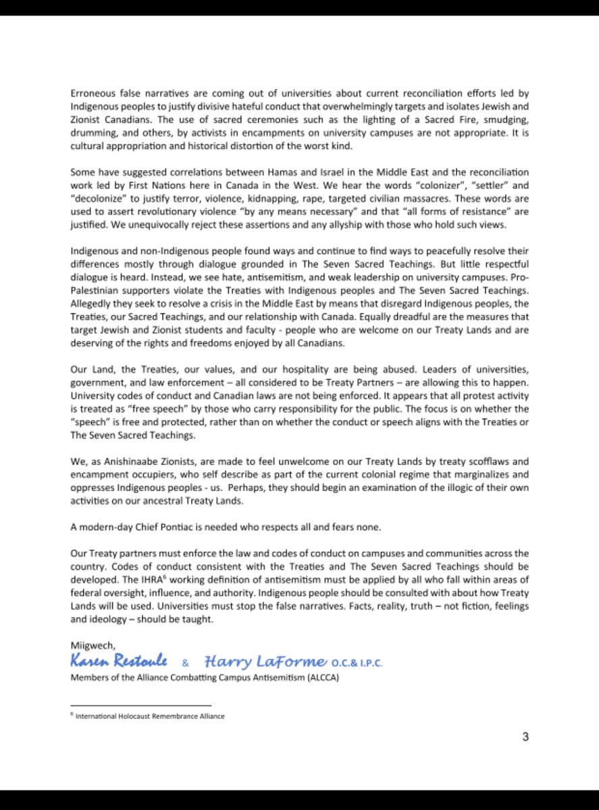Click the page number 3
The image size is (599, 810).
525,736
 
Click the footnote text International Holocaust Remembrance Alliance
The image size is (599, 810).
150,716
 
